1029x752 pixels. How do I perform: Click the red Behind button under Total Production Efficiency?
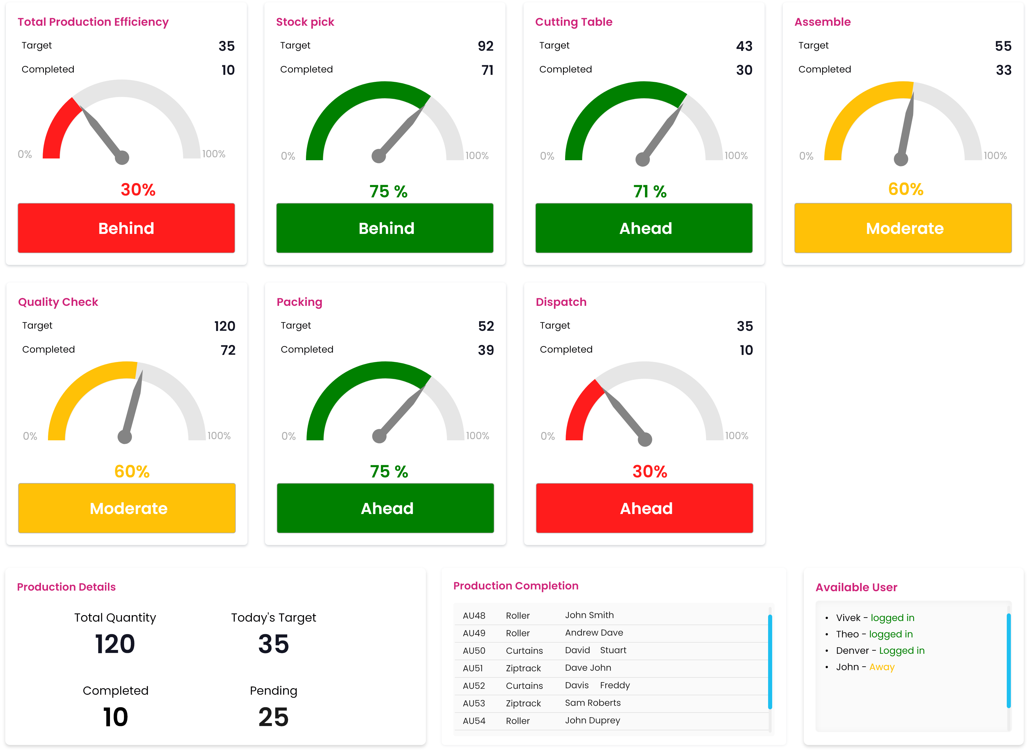point(126,228)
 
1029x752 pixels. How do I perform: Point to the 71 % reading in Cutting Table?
point(650,192)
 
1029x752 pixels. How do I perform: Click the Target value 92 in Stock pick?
point(485,46)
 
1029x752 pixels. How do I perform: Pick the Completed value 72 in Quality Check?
point(228,350)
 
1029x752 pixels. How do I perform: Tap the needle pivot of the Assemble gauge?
point(901,159)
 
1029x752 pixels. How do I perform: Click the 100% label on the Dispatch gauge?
point(736,436)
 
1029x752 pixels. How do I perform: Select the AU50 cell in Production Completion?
point(474,651)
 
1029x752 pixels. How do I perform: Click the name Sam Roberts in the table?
point(592,703)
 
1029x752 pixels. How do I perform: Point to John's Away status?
point(882,667)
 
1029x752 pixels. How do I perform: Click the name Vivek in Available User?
point(848,618)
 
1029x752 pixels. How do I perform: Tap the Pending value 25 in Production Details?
point(273,717)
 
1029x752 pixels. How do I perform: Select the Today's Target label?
point(273,618)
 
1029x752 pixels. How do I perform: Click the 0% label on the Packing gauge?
point(288,436)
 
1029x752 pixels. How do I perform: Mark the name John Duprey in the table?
point(592,720)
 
